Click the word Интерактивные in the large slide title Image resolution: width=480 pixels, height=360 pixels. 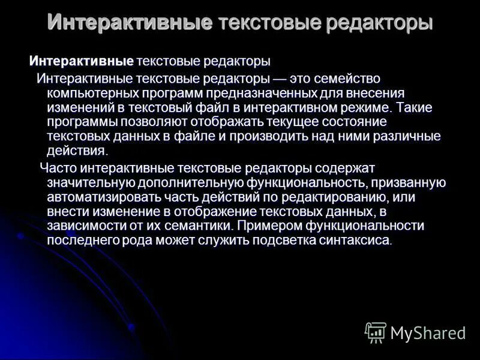coord(130,23)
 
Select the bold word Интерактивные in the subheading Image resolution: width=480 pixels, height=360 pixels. coord(81,61)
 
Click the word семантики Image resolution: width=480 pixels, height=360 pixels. coord(199,226)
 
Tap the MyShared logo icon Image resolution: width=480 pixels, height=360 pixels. coord(376,332)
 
